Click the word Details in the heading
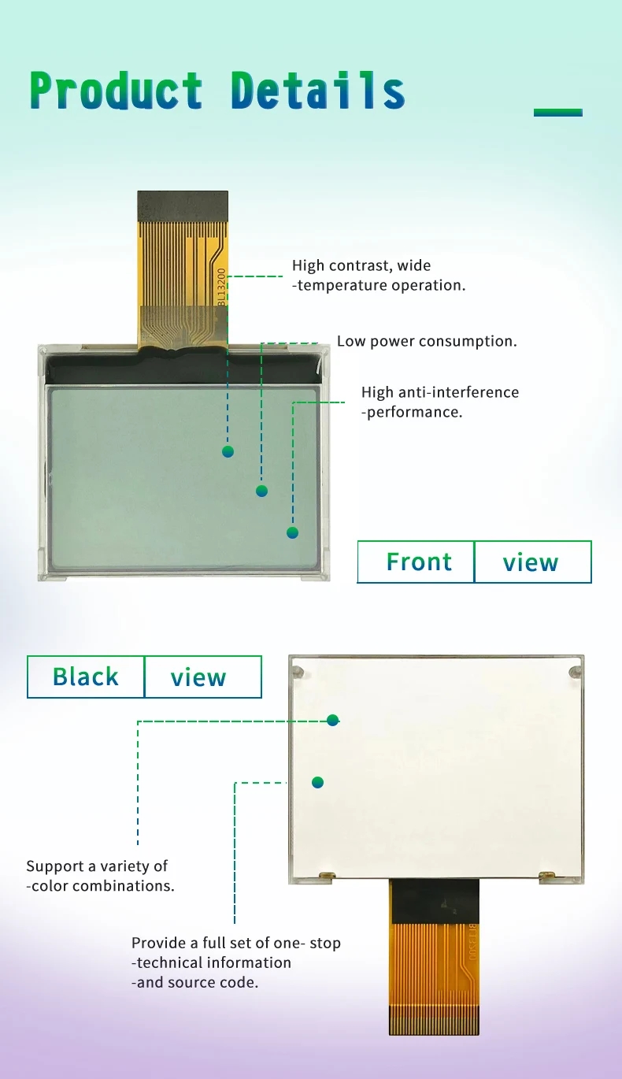(x=318, y=91)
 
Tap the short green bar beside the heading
(x=557, y=113)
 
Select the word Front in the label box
(x=419, y=562)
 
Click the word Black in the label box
(x=85, y=677)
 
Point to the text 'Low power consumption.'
(x=427, y=341)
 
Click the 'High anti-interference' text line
(x=440, y=392)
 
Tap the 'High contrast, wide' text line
(x=361, y=265)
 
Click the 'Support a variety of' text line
(x=97, y=866)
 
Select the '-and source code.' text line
(x=194, y=982)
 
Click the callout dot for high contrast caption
(x=228, y=451)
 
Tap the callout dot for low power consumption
(x=262, y=491)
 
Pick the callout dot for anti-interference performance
(x=292, y=532)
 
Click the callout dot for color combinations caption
(x=333, y=719)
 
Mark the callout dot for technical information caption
(x=317, y=782)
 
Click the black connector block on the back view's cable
(x=434, y=901)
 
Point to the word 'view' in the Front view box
(x=531, y=562)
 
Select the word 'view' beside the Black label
(x=198, y=677)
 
